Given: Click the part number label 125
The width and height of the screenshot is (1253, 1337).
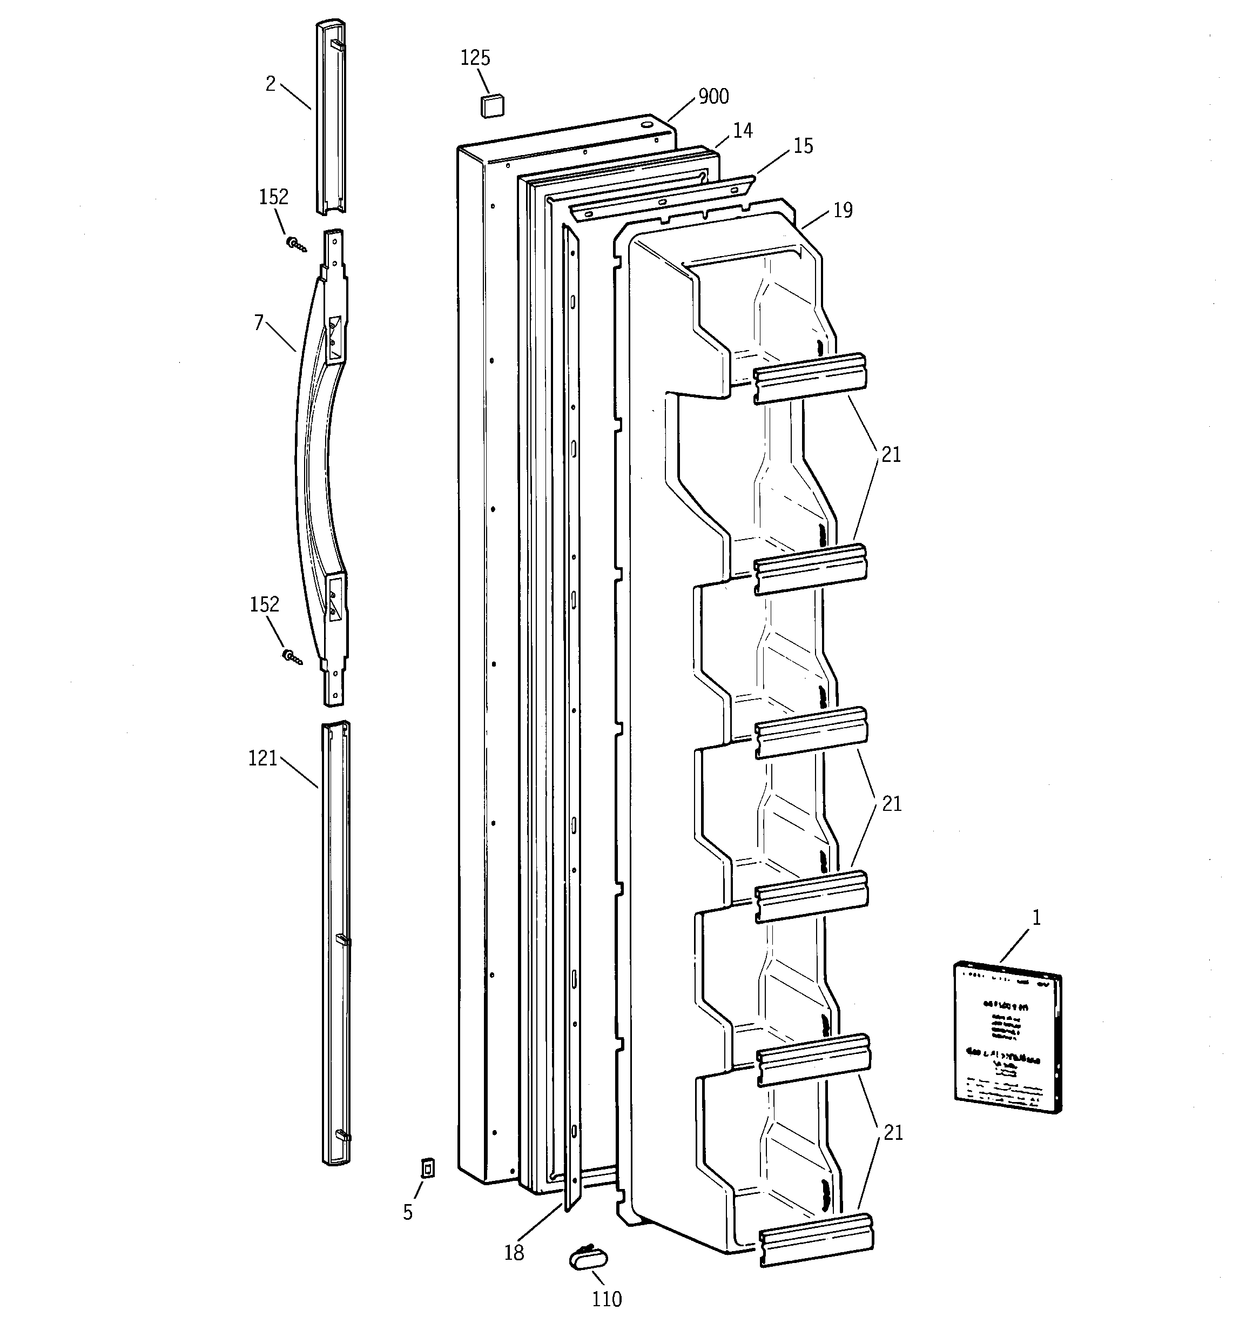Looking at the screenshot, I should click(x=475, y=58).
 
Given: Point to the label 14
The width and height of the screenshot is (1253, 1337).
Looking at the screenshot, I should click(x=743, y=131).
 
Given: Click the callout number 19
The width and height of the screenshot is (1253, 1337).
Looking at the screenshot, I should click(x=843, y=211).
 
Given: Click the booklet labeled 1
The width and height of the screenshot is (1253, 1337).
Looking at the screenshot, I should click(x=1007, y=1036).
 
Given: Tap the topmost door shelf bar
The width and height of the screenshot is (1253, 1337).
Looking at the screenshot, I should click(x=809, y=379).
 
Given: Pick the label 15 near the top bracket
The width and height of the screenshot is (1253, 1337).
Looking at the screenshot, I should click(x=803, y=146).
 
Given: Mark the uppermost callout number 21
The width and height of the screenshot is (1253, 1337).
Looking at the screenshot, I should click(x=891, y=455).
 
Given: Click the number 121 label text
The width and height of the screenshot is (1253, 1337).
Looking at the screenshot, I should click(x=262, y=758).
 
